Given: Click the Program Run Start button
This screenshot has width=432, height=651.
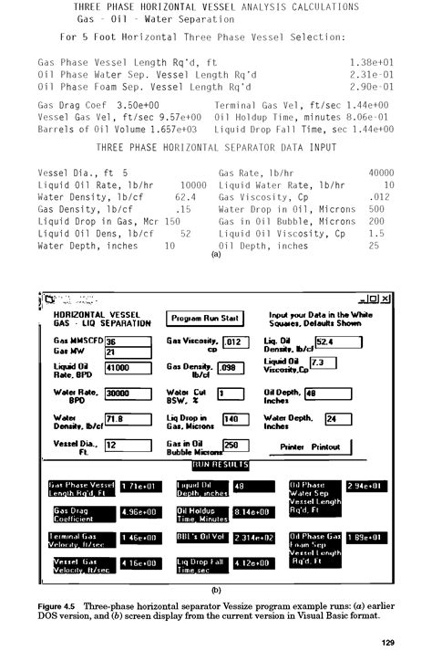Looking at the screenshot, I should pyautogui.click(x=205, y=318).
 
